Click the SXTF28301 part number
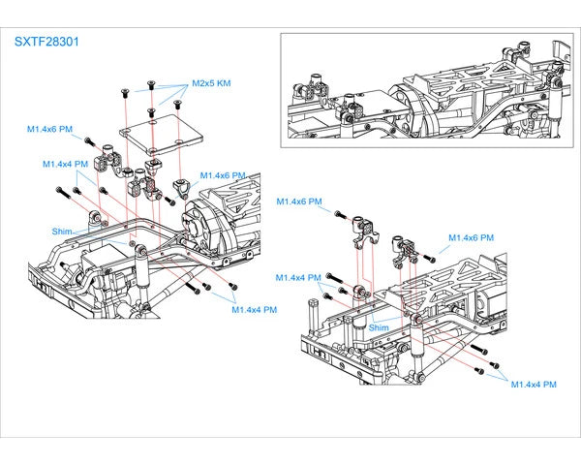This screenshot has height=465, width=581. click(x=46, y=42)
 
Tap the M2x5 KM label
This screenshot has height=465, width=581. click(x=211, y=83)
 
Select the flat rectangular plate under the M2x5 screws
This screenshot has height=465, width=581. click(x=161, y=135)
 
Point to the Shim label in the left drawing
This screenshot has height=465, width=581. click(x=62, y=232)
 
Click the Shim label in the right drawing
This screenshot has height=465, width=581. click(x=379, y=327)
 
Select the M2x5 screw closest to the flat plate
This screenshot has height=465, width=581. click(x=151, y=112)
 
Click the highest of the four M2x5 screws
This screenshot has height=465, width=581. click(x=151, y=85)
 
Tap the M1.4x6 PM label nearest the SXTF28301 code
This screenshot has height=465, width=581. click(x=49, y=129)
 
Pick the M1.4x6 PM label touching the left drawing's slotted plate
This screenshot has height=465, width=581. click(x=223, y=175)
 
